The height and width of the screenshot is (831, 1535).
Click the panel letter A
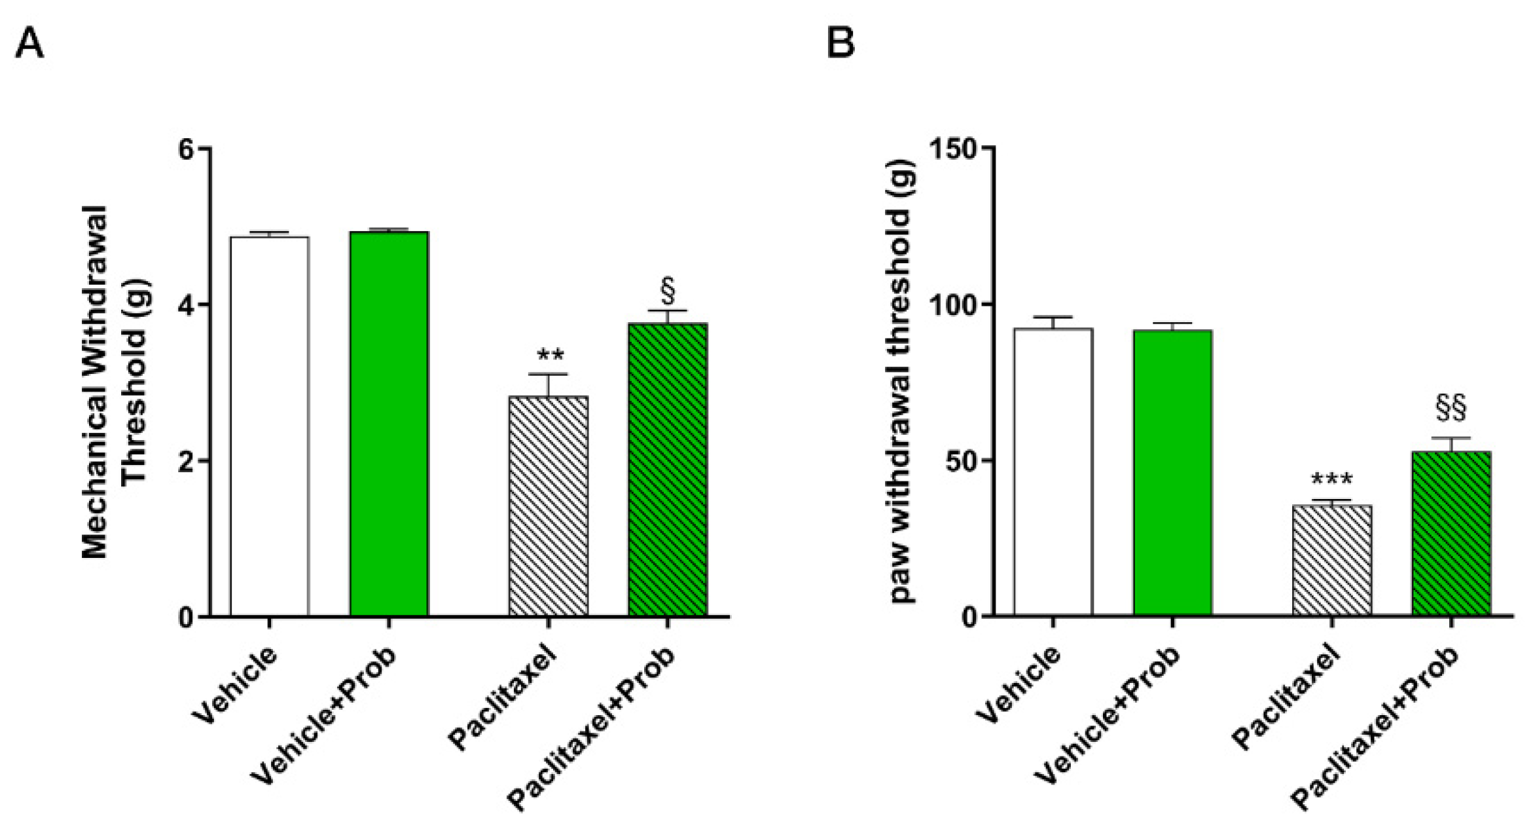(x=29, y=45)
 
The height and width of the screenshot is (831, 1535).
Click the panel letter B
(x=840, y=45)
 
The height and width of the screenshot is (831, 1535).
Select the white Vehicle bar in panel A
(x=269, y=426)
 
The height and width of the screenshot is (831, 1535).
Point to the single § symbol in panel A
(x=668, y=292)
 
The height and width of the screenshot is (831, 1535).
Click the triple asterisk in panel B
(x=1331, y=480)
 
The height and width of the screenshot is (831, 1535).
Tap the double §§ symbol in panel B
(x=1451, y=408)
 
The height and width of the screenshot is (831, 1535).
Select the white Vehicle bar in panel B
(x=1053, y=471)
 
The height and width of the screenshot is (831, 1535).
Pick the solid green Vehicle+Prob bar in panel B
(x=1172, y=472)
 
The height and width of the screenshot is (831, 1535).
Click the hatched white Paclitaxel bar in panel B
(x=1331, y=560)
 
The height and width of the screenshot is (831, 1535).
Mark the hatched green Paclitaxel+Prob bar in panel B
(x=1451, y=533)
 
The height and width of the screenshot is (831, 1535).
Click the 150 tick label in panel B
(x=954, y=149)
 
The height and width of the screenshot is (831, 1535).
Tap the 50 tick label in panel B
(x=962, y=461)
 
